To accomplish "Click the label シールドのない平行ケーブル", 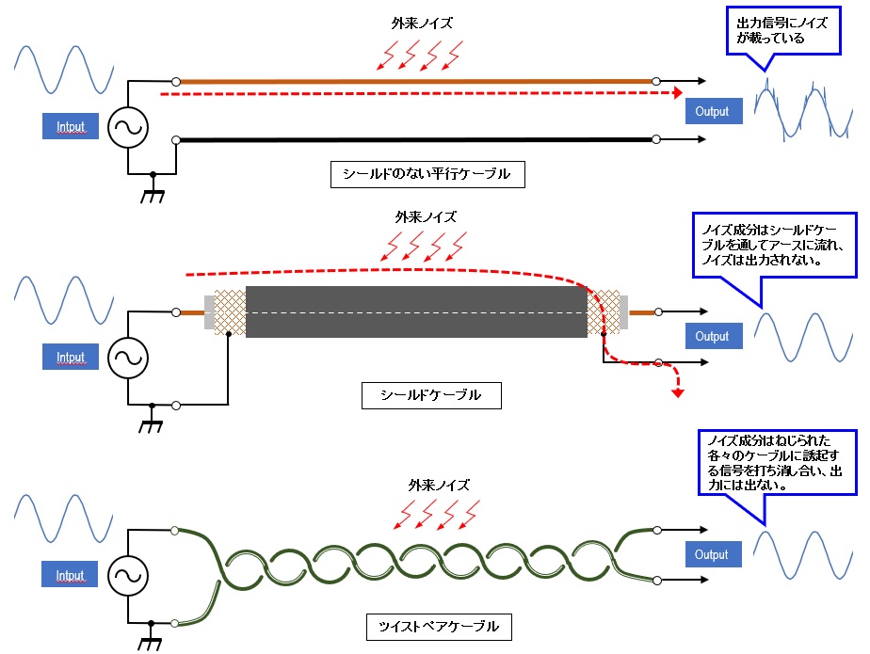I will coord(427,173).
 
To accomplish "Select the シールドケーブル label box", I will coord(431,395).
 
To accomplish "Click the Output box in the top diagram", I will coord(712,111).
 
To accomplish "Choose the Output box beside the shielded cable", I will coord(712,336).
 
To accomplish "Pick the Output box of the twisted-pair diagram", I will coord(712,554).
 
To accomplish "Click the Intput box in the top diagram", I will coord(70,125).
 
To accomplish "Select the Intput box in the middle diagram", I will coord(70,357).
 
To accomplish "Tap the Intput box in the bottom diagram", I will coord(70,575).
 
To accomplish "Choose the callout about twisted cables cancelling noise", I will coord(769,464).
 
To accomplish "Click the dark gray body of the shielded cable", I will coord(414,311).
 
